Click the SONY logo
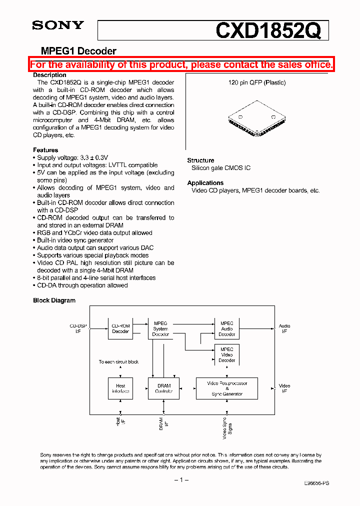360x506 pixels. pos(58,25)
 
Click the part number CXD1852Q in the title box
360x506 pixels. pos(267,31)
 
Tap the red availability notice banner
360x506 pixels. pos(181,64)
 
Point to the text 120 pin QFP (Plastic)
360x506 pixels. pos(257,82)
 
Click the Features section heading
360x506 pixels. pos(45,150)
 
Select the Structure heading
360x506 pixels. pos(200,160)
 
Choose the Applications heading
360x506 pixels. pos(205,183)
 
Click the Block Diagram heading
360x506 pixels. pos(54,300)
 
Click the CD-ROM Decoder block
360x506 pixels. pos(120,328)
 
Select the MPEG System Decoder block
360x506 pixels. pos(160,328)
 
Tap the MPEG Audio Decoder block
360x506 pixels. pos(226,328)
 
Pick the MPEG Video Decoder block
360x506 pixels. pos(226,354)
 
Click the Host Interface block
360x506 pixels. pos(120,388)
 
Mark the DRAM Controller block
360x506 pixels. pos(164,388)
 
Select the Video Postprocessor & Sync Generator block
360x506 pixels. pos(226,388)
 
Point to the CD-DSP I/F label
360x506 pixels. pos(78,328)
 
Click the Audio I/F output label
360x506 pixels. pos(284,328)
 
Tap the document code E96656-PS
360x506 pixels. pos(316,483)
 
